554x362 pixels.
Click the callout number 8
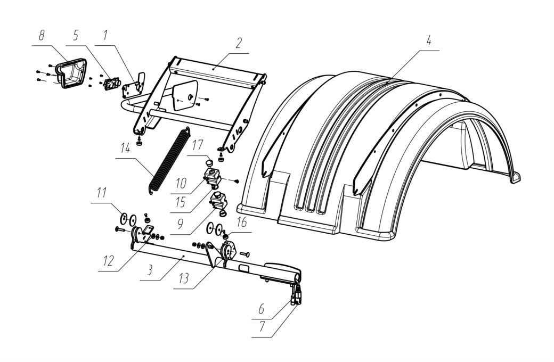(x=42, y=36)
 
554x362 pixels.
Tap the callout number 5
(x=76, y=36)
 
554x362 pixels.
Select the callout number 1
(x=105, y=36)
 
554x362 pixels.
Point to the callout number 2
(x=239, y=44)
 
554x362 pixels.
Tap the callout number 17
(x=198, y=145)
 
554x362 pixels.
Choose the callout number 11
(x=102, y=193)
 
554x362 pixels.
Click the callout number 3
(x=150, y=270)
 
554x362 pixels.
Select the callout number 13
(x=184, y=278)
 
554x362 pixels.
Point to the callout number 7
(x=262, y=327)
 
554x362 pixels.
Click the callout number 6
(x=262, y=309)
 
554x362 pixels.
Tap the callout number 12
(x=109, y=261)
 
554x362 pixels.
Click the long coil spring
(x=169, y=161)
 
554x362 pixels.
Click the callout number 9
(x=181, y=224)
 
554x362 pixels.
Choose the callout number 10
(x=181, y=183)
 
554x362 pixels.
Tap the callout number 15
(x=181, y=202)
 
